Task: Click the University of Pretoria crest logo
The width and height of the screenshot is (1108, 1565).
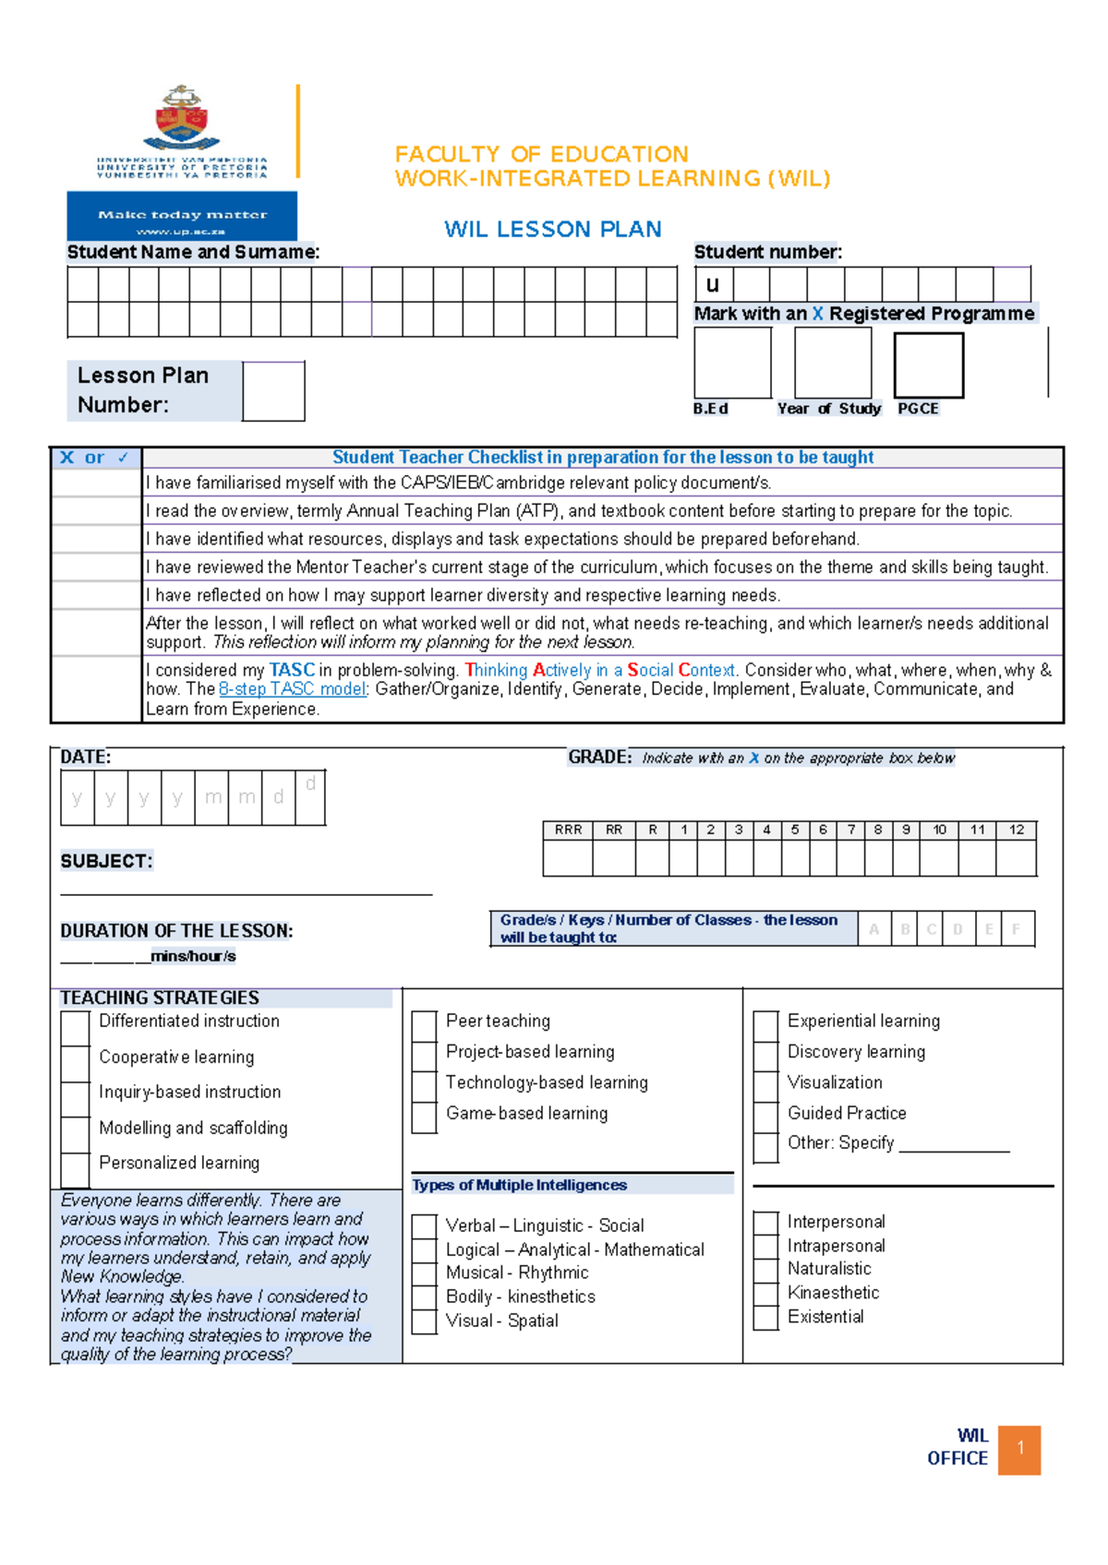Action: [182, 118]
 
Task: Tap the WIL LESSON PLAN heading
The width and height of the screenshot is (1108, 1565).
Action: [552, 229]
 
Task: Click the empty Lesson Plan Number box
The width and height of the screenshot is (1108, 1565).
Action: [273, 391]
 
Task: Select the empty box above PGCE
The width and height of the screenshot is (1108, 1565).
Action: [928, 365]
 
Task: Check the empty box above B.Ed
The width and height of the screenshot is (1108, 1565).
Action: [732, 363]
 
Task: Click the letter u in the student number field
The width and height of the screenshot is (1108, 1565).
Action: [713, 284]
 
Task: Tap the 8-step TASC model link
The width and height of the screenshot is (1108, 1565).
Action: [293, 689]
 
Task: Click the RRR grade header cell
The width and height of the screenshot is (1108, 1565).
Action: [568, 830]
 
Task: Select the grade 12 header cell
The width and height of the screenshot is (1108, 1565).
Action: [1016, 830]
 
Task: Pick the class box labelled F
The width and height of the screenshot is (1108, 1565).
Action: [1016, 929]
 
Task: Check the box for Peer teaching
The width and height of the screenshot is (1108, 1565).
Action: [424, 1023]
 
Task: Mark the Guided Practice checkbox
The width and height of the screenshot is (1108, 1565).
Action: [765, 1115]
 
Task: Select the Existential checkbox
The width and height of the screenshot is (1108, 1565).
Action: [765, 1318]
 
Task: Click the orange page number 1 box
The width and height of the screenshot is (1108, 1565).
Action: [1019, 1449]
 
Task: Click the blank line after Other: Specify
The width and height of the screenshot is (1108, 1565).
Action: [954, 1144]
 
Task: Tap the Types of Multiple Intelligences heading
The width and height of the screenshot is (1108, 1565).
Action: [519, 1185]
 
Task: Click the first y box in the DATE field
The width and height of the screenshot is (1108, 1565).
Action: [77, 797]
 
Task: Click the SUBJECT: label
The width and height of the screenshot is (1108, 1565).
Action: [106, 861]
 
